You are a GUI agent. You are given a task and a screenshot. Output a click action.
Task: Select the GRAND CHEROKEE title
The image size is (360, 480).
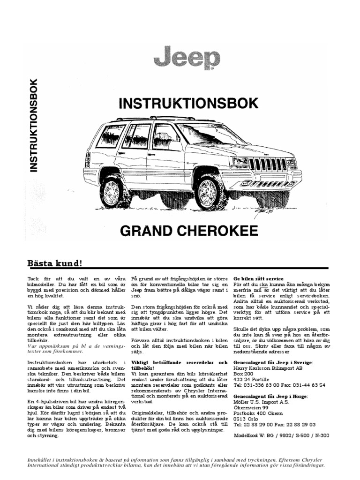(x=189, y=231)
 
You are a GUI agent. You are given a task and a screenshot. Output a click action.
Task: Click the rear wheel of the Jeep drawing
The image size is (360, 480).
(x=112, y=190)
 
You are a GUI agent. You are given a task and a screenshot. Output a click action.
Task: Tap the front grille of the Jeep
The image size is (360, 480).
(x=270, y=164)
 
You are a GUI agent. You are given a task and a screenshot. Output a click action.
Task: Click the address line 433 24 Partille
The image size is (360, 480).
(x=253, y=379)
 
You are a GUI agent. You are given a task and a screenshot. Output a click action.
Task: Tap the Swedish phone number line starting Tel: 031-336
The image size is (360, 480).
(x=279, y=385)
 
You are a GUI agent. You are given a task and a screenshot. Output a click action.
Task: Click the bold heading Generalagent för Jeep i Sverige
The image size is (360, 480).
(x=273, y=363)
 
